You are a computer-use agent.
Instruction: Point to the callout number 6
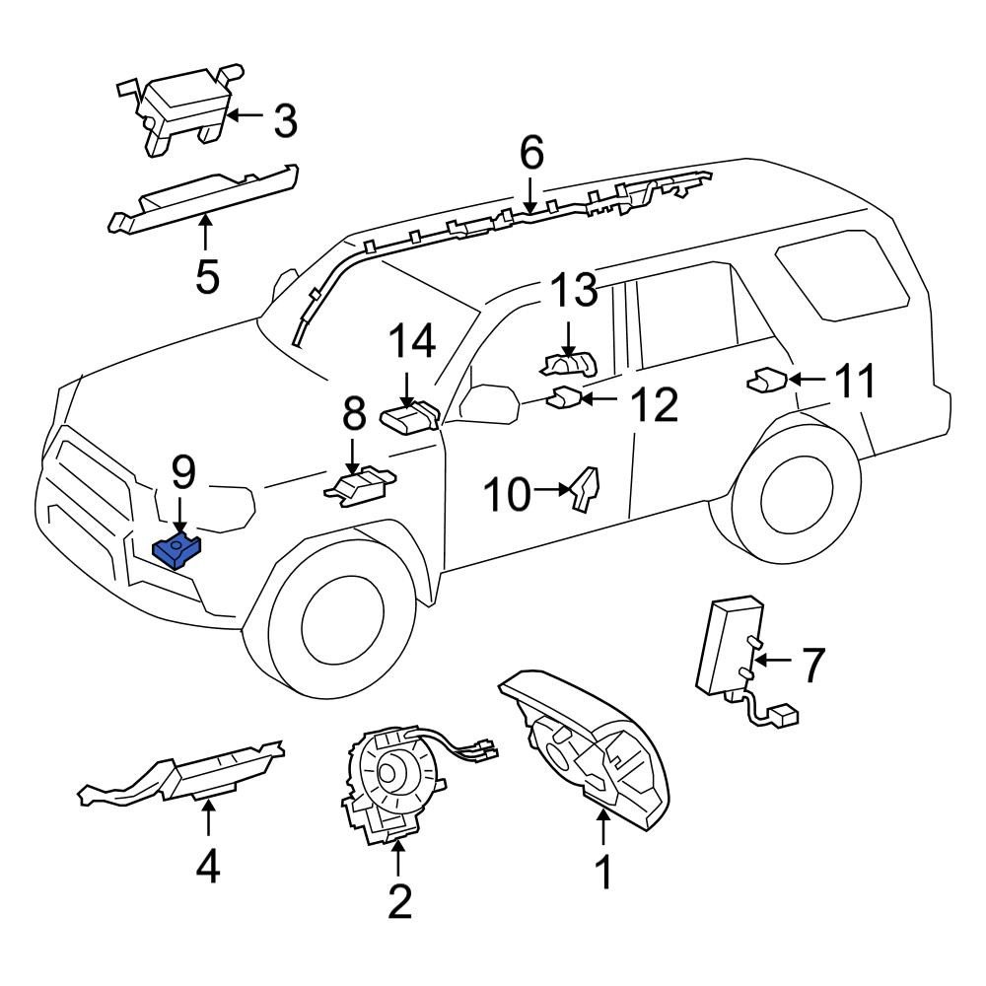coord(531,154)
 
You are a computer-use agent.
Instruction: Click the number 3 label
coord(286,120)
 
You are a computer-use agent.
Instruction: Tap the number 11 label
coord(855,381)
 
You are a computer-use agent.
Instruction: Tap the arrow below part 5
coord(206,233)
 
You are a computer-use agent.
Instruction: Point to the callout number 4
coord(208,867)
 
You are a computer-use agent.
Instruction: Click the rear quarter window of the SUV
coord(843,272)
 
